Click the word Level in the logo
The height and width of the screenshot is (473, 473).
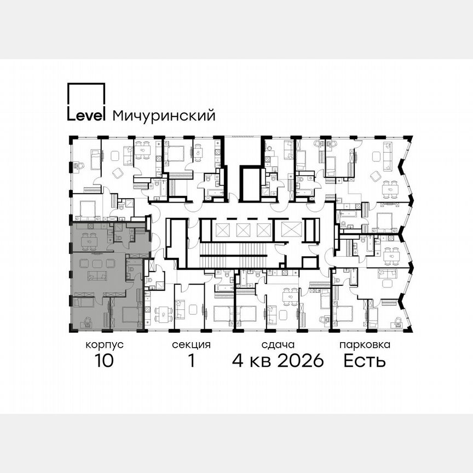[x=86, y=116]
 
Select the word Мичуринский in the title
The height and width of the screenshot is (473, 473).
[x=163, y=116]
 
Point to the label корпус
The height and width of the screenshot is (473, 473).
[x=104, y=345]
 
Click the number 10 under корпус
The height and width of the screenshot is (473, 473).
[x=103, y=361]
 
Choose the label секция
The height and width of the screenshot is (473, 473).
[x=191, y=345]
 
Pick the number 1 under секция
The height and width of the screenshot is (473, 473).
[x=191, y=361]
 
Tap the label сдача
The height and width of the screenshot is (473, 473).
[x=278, y=345]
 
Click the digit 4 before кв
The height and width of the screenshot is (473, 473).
[x=238, y=361]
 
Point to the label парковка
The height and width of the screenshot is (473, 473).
[x=365, y=345]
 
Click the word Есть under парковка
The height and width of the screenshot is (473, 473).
[x=365, y=361]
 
